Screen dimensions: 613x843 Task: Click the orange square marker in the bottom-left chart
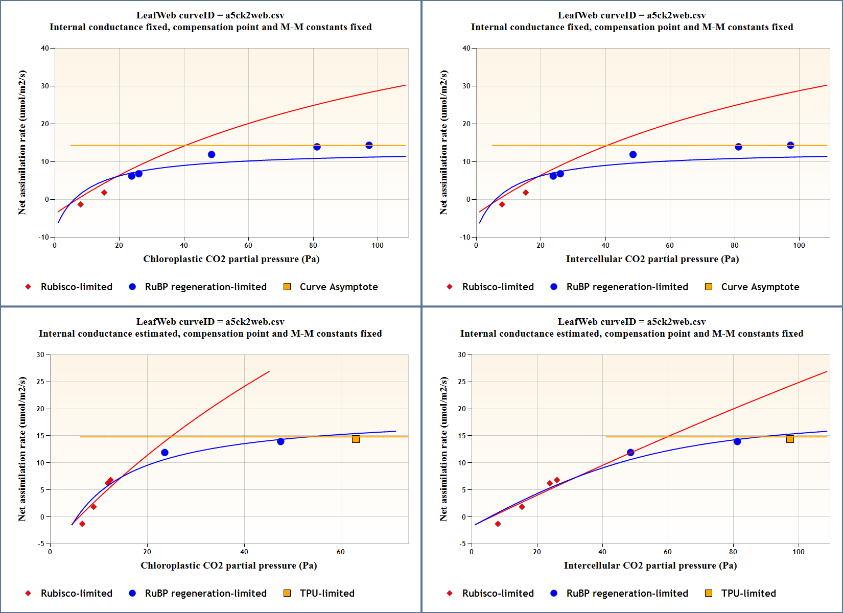click(356, 439)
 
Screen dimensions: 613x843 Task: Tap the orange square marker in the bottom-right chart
click(790, 439)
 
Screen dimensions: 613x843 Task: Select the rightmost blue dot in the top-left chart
click(369, 146)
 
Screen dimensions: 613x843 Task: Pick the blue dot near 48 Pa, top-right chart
click(633, 154)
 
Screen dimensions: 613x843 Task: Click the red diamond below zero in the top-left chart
click(80, 204)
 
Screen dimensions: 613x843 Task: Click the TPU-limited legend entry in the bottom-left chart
click(319, 594)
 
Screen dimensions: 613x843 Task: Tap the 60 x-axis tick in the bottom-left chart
click(341, 552)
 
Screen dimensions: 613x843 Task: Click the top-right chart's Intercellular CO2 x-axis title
click(652, 259)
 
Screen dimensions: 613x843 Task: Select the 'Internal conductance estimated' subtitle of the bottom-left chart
click(210, 334)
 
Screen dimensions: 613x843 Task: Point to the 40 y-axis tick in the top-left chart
click(45, 49)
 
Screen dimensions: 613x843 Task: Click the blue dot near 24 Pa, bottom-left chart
click(165, 453)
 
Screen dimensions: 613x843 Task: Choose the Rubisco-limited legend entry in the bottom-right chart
click(490, 594)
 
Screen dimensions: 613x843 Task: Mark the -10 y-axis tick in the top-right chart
click(465, 237)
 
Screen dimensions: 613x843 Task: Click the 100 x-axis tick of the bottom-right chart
click(798, 552)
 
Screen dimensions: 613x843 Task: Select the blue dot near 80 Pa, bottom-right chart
click(737, 441)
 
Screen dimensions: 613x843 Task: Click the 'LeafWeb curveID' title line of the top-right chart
click(631, 15)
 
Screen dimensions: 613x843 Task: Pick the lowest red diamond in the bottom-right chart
click(498, 524)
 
